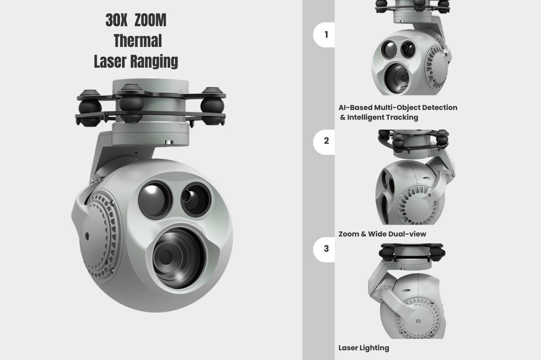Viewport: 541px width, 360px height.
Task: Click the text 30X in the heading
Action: pyautogui.click(x=116, y=20)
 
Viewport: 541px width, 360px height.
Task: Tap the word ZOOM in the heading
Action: pyautogui.click(x=150, y=20)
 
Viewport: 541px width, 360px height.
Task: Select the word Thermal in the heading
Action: pyautogui.click(x=138, y=41)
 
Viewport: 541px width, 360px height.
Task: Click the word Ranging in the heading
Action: pyautogui.click(x=154, y=61)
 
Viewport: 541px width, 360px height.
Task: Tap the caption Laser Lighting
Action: pyautogui.click(x=364, y=348)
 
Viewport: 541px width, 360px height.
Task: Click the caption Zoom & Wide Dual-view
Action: pyautogui.click(x=383, y=234)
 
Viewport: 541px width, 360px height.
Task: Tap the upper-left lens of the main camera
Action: pyautogui.click(x=155, y=200)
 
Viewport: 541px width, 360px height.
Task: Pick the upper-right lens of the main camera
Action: pyautogui.click(x=196, y=200)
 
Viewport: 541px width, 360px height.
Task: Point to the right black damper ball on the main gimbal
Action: pyautogui.click(x=212, y=106)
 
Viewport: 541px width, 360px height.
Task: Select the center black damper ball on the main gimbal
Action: pyautogui.click(x=131, y=104)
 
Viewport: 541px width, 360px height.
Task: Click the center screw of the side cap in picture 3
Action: pyautogui.click(x=418, y=321)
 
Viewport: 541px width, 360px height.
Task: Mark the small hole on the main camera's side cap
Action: pyautogui.click(x=87, y=236)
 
